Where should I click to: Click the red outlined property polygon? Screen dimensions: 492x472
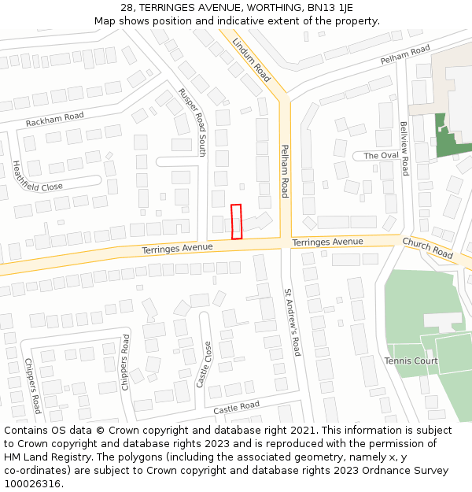pos(236,221)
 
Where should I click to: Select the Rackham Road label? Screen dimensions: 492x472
pos(54,120)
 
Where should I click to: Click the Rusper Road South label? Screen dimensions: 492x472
pos(192,122)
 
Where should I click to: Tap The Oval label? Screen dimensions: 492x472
pos(381,156)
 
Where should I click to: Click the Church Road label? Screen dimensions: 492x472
pos(427,249)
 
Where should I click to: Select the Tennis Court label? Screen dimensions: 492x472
pos(411,361)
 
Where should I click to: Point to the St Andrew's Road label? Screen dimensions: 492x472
pos(293,323)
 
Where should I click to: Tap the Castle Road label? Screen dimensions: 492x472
pos(236,408)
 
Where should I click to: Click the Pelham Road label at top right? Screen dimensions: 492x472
pos(405,55)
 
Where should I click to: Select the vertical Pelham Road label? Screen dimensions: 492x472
pos(285,171)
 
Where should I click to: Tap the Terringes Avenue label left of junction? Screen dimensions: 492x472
pos(177,248)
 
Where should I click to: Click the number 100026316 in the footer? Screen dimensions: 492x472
pos(31,483)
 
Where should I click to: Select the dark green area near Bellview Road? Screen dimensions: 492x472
pos(448,139)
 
